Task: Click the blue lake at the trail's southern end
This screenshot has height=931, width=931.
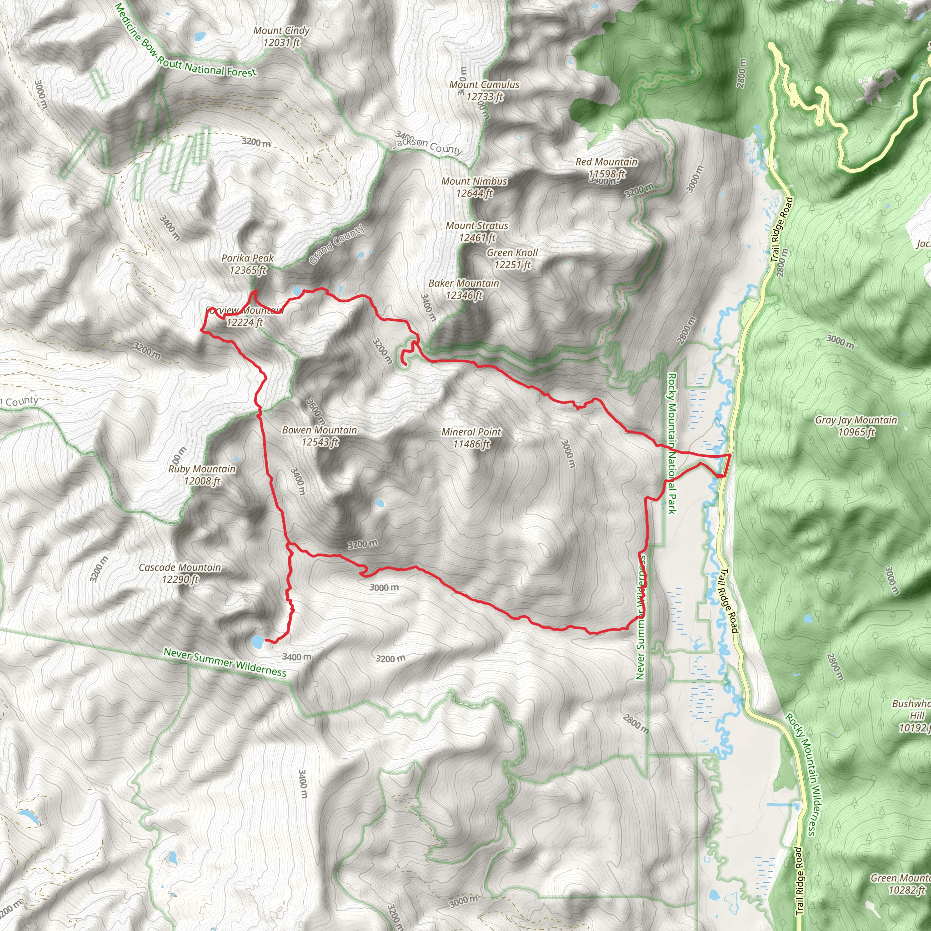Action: (x=257, y=641)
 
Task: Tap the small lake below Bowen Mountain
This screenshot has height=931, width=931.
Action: (x=379, y=504)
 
